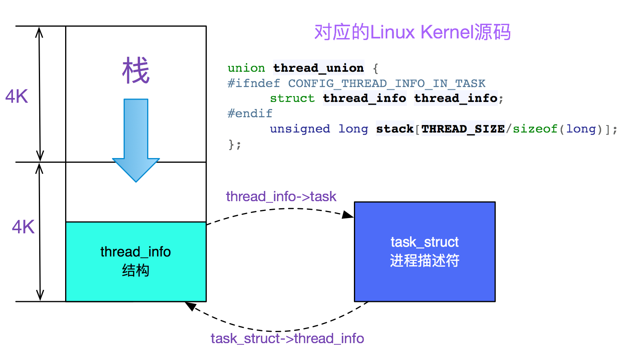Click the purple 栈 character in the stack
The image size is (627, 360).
(x=136, y=71)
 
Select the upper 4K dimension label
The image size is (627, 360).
(x=16, y=96)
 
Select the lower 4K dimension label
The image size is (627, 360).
(x=23, y=227)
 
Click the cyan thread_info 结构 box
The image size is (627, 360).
(x=136, y=261)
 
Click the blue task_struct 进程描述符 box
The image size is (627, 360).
(x=425, y=251)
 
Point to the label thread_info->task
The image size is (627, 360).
(x=281, y=196)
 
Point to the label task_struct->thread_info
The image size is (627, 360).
(x=287, y=338)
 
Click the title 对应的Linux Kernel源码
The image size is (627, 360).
(x=412, y=32)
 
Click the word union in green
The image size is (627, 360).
(x=246, y=68)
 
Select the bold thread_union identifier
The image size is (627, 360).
(x=318, y=68)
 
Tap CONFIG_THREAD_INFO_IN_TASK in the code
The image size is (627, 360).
(x=386, y=84)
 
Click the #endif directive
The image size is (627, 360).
(x=250, y=114)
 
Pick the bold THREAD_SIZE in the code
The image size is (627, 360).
(x=463, y=129)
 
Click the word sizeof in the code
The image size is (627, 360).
(x=535, y=129)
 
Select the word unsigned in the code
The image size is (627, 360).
(x=300, y=129)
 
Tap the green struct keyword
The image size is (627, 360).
(x=292, y=98)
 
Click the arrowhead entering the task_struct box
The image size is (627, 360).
(x=348, y=215)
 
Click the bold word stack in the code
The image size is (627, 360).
(x=395, y=129)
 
